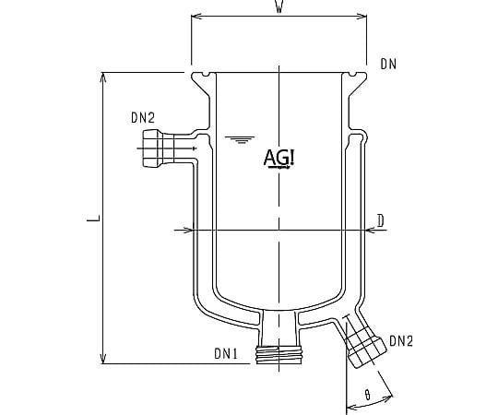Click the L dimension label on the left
pyautogui.click(x=91, y=218)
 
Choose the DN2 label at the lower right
pyautogui.click(x=401, y=341)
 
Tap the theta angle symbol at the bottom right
pyautogui.click(x=368, y=394)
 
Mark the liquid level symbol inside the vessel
pyautogui.click(x=241, y=140)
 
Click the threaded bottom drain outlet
pyautogui.click(x=279, y=354)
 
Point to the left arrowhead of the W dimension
pyautogui.click(x=195, y=17)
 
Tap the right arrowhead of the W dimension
pyautogui.click(x=364, y=17)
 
